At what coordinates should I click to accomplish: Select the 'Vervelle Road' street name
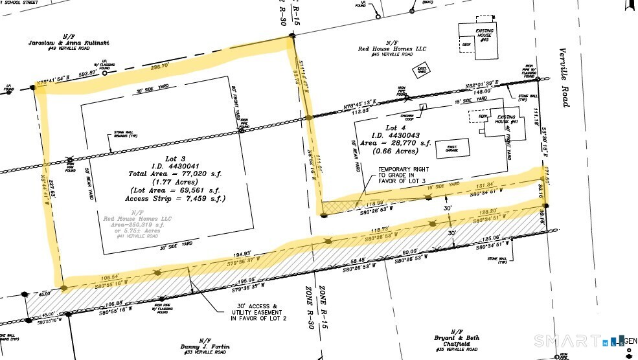(565, 85)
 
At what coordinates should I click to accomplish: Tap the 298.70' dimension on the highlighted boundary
(159, 66)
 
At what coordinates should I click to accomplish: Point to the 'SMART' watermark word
(564, 340)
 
